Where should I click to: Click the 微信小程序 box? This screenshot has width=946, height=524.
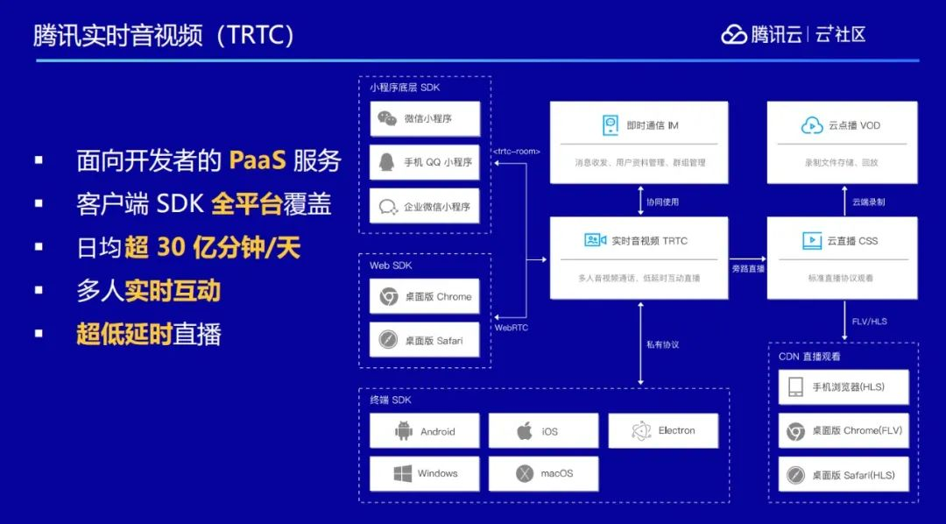point(425,118)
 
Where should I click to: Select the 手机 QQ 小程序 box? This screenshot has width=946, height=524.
point(425,162)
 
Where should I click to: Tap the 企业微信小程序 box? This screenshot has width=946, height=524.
point(425,207)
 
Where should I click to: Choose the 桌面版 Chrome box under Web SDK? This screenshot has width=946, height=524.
point(425,297)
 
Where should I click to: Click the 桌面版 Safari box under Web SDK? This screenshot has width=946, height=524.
point(425,340)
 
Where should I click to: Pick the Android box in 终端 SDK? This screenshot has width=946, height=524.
point(425,431)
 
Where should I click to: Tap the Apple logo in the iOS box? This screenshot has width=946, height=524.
point(525,431)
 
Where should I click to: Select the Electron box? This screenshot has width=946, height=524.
point(662,431)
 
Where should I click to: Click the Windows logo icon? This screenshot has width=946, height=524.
point(403,474)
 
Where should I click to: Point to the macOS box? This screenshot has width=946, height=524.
point(543,474)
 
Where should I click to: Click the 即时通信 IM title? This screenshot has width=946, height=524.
point(653,125)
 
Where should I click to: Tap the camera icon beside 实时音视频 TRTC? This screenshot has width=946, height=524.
point(596,240)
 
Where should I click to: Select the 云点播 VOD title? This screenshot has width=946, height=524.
point(854,125)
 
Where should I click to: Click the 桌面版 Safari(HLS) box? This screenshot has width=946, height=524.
point(844,475)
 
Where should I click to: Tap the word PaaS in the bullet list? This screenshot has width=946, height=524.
point(258,161)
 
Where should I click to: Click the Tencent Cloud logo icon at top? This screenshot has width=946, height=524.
point(734,34)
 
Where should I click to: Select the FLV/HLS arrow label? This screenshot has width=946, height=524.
point(870,322)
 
